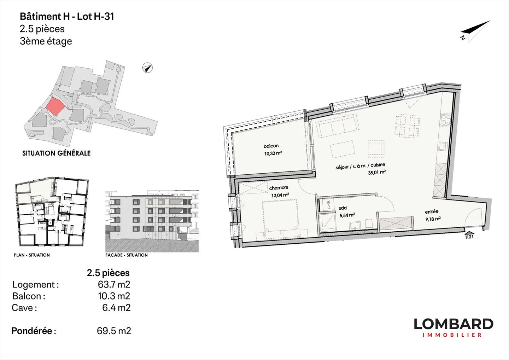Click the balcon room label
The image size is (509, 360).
pos(271,146)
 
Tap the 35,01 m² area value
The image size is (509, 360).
pos(377,172)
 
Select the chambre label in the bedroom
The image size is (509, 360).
pos(279,188)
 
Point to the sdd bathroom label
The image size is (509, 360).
pos(343,208)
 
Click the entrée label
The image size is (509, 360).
pos(432,211)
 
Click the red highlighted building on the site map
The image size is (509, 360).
pos(55,106)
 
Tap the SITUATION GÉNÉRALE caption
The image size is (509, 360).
pos(56,153)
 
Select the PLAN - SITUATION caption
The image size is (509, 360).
pos(32,255)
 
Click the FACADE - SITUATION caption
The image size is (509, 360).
pos(127,255)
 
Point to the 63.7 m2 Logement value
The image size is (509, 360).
pos(114,284)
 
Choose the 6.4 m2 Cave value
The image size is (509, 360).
pos(116,308)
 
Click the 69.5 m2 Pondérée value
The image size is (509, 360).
pos(114,331)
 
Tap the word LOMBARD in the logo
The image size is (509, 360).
pos(453,324)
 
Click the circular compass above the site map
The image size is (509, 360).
pos(147,68)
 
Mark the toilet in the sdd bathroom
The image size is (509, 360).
pos(368,223)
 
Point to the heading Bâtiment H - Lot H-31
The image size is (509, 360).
pos(67,17)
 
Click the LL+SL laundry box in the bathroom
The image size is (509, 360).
pos(326,205)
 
